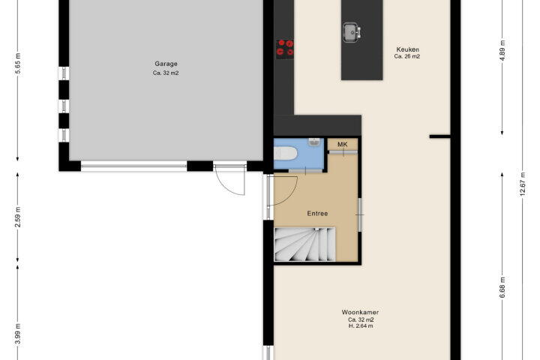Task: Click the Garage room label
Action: (166, 64)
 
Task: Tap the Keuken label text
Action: (407, 49)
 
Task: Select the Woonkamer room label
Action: (360, 313)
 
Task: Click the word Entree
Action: (317, 214)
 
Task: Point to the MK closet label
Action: (342, 144)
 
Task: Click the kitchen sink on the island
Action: (352, 32)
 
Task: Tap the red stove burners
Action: (285, 48)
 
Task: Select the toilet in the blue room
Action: (286, 153)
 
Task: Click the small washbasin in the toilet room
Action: (314, 142)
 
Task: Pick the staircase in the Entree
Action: (304, 244)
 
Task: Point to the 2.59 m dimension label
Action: (18, 217)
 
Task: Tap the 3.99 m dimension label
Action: (18, 334)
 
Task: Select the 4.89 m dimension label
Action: (502, 51)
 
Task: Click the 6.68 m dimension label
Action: (502, 288)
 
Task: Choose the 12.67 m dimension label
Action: (523, 184)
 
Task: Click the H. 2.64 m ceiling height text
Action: (361, 326)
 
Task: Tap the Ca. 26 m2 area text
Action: (407, 56)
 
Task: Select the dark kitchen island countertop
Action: (362, 40)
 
